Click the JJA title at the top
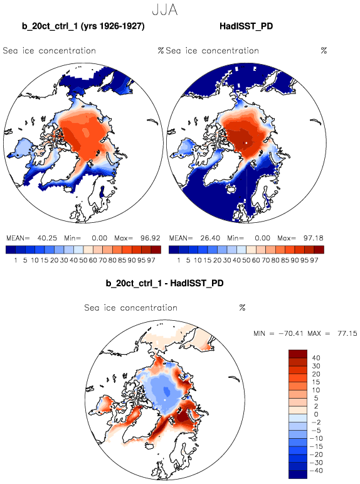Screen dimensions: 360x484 point(165,10)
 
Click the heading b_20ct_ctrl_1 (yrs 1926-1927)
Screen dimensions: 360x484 point(83,26)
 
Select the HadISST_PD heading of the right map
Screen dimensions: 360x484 point(246,26)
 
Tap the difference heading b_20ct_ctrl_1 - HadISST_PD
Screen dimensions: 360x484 point(164,283)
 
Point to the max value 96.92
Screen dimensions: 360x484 point(151,238)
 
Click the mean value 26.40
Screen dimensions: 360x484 point(210,238)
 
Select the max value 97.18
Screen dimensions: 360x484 point(314,238)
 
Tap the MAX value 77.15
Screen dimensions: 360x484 point(347,333)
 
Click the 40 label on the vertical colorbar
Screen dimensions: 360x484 point(316,358)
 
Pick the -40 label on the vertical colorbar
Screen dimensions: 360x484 point(315,471)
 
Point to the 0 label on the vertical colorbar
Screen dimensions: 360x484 point(317,414)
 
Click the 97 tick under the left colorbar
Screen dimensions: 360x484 point(151,261)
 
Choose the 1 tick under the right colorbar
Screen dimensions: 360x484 point(179,261)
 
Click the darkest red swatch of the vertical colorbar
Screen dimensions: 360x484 point(298,353)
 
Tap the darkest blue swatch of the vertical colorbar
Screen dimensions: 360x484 point(298,475)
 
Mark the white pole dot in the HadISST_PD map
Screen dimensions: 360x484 point(246,143)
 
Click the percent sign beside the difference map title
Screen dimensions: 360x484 point(242,308)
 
